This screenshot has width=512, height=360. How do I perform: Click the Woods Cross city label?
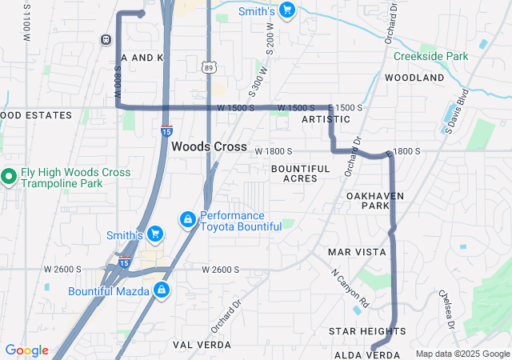point(209,146)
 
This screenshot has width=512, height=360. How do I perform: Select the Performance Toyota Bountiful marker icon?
point(187,218)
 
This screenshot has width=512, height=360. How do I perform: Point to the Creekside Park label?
point(430,57)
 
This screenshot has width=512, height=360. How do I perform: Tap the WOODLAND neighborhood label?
point(414,78)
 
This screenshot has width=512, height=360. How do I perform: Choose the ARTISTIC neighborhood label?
point(326,119)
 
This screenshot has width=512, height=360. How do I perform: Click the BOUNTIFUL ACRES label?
point(300,173)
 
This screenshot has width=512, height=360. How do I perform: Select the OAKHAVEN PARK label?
point(375,200)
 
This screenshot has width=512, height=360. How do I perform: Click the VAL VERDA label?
point(202,344)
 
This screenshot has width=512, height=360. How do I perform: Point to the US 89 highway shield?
point(208,70)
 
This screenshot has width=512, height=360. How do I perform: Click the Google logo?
point(26,350)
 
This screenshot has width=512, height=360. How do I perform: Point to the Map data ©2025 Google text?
point(461,354)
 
